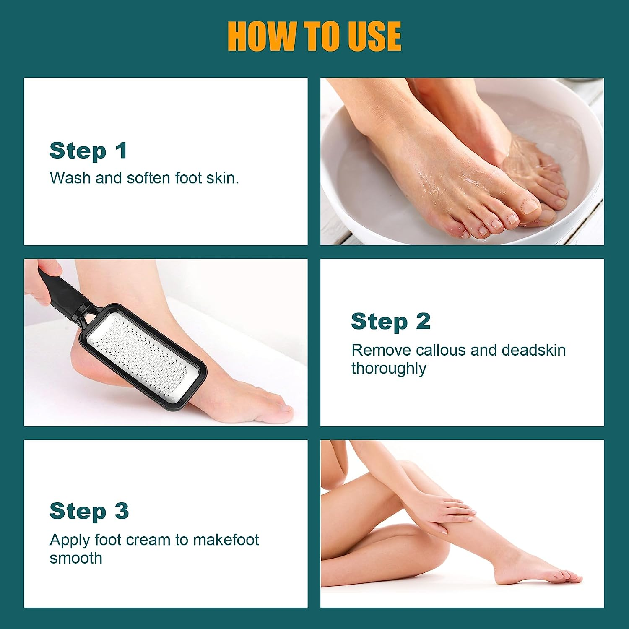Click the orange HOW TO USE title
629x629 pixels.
(x=314, y=36)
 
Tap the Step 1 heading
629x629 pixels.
(x=88, y=151)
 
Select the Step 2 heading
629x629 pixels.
(x=391, y=322)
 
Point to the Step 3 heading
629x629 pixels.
(x=89, y=512)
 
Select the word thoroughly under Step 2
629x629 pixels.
(x=388, y=369)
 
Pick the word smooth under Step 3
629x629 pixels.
(x=76, y=559)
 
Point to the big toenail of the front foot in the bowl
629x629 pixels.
(x=530, y=206)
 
